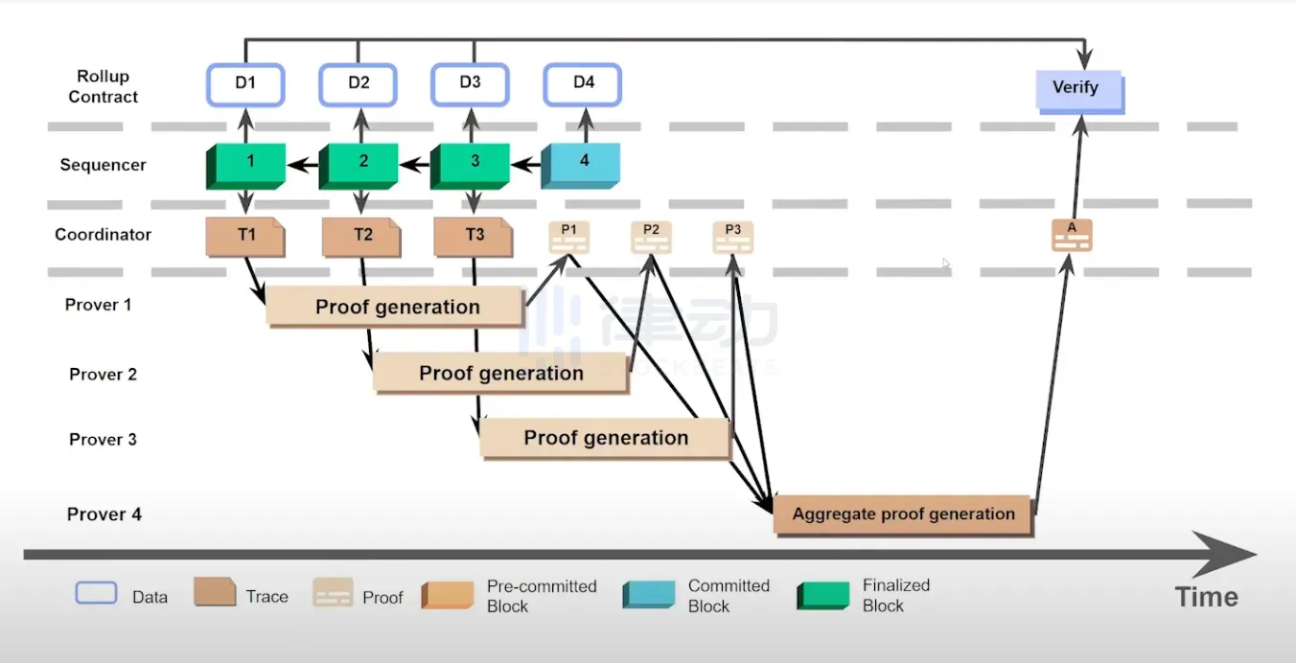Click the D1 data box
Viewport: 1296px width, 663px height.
[245, 84]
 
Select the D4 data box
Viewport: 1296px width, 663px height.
[583, 84]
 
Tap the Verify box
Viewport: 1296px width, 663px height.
[1078, 89]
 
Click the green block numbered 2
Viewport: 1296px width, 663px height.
[359, 164]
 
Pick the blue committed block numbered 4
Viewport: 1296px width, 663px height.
[581, 164]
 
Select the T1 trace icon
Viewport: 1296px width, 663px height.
[245, 237]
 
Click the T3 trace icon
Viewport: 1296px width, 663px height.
[473, 237]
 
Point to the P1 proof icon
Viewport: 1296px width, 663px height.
[568, 237]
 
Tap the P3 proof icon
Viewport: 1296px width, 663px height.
[732, 237]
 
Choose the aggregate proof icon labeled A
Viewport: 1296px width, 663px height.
[1071, 235]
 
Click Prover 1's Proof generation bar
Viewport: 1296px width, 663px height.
[396, 307]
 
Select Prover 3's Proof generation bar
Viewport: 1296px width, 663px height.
[605, 438]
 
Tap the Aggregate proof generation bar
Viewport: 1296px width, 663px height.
[902, 514]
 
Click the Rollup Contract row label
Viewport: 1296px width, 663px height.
[103, 86]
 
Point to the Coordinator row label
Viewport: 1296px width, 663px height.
[103, 235]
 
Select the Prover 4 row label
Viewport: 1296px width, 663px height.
[104, 514]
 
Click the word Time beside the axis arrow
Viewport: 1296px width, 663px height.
[1206, 597]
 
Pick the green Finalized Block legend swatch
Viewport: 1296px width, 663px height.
[822, 596]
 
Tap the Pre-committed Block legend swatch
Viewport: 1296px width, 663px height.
[447, 596]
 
